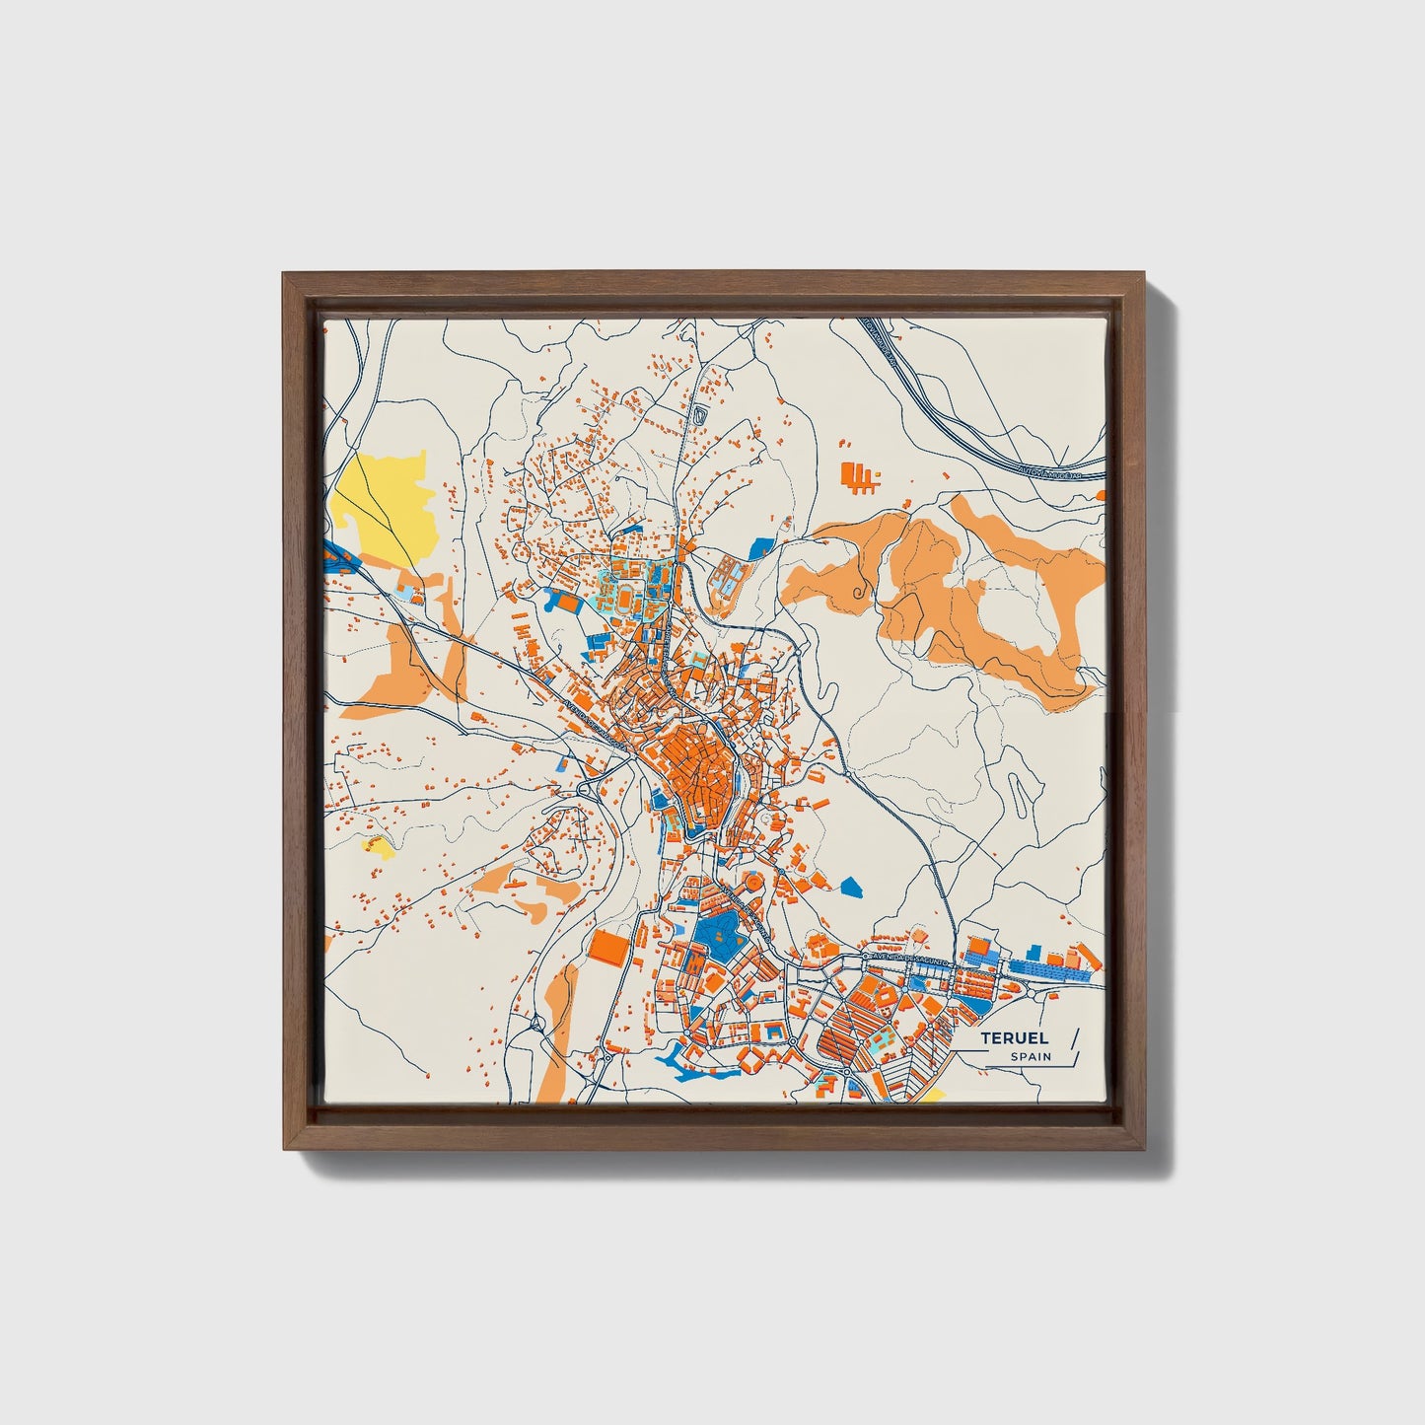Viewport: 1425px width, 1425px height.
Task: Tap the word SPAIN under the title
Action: (1031, 1057)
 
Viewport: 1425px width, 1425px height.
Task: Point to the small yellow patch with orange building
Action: (379, 845)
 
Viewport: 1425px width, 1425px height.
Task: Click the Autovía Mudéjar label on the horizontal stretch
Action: (1049, 474)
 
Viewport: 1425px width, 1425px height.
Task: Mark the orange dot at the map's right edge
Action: (1102, 496)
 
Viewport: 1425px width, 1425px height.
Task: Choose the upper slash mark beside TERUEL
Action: (1074, 1036)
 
